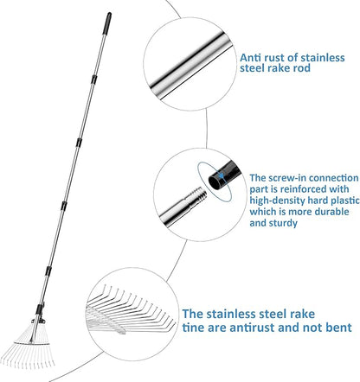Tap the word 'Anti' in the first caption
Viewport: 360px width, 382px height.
click(x=251, y=58)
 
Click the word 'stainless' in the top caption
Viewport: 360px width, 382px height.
click(x=323, y=58)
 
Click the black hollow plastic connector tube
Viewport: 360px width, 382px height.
click(x=224, y=175)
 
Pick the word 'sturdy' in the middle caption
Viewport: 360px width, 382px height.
click(x=283, y=223)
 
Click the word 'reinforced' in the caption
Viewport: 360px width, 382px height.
click(x=304, y=189)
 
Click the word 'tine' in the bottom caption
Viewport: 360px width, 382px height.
click(x=193, y=328)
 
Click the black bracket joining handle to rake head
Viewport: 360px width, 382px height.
click(x=39, y=313)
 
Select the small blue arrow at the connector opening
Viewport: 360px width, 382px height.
click(x=221, y=175)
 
